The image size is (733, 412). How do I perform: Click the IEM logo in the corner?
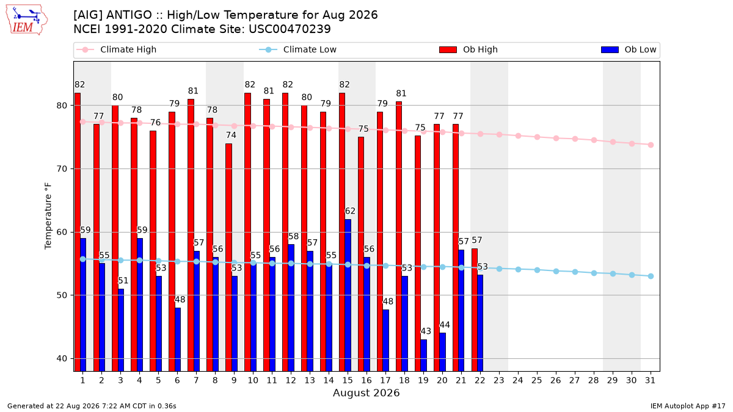[x=27, y=20]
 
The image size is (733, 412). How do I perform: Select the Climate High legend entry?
[x=116, y=49]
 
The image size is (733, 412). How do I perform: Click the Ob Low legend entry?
[x=629, y=49]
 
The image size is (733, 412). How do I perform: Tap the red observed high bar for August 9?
[x=228, y=258]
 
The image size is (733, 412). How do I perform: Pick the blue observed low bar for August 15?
[x=348, y=295]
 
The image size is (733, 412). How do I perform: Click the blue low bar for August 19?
[x=423, y=355]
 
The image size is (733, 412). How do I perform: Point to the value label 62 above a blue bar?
[x=350, y=211]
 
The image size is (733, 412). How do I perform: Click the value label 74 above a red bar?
[x=231, y=135]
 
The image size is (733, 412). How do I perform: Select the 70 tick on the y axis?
[x=62, y=169]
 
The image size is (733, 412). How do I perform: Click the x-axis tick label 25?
[x=537, y=380]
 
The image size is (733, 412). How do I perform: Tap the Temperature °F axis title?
[x=48, y=216]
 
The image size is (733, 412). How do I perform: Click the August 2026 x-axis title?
[x=366, y=392]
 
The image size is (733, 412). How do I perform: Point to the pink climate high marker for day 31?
[x=651, y=145]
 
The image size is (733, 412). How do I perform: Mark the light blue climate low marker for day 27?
[x=575, y=272]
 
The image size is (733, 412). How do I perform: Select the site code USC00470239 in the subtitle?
[x=290, y=29]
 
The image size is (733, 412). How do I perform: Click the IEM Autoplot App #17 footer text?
[x=688, y=406]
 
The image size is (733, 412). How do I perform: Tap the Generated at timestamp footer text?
[x=92, y=406]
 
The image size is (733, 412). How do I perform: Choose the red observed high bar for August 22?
[x=475, y=310]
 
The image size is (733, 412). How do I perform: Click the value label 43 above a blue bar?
[x=426, y=331]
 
